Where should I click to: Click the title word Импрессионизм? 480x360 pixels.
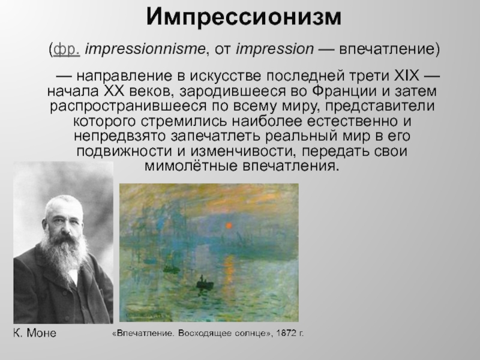point(244,17)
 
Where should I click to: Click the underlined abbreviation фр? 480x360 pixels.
point(67,49)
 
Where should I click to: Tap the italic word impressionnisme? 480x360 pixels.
point(145,49)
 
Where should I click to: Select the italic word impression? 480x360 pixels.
point(275,49)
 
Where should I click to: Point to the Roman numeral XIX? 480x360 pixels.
point(407,76)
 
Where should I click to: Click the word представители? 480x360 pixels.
point(380,106)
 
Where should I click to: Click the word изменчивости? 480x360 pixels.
point(243,152)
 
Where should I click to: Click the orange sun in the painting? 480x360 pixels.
point(229,226)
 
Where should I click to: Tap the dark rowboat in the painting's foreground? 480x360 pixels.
point(205,283)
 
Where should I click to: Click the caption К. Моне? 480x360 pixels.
point(35,333)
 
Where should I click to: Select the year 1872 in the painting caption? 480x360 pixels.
point(286,333)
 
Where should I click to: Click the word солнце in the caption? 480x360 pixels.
point(253,333)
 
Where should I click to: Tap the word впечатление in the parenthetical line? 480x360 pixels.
point(387,49)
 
